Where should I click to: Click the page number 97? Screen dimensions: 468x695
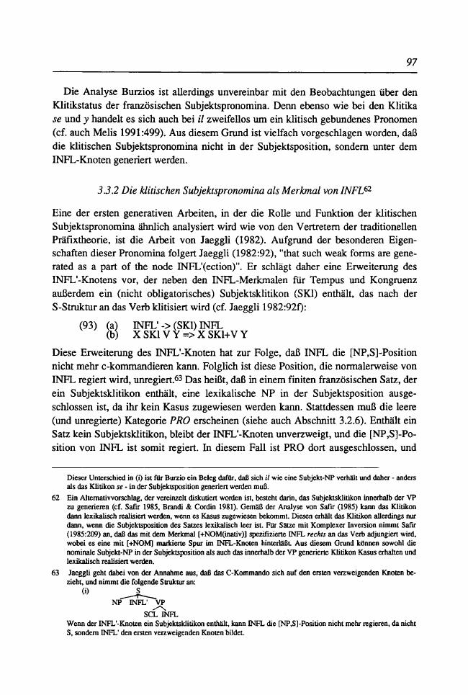click(412, 63)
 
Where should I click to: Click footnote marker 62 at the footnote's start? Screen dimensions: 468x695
click(46, 497)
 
